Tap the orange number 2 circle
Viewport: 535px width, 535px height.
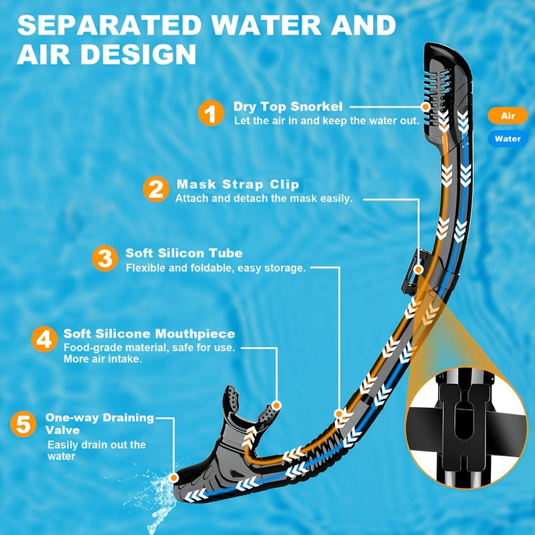point(156,189)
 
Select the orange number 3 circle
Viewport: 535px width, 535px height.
point(104,259)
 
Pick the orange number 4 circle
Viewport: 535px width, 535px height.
point(43,339)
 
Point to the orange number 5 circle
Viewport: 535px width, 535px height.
point(23,424)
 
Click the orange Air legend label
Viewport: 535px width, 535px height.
point(508,116)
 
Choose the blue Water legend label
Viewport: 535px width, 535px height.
point(508,140)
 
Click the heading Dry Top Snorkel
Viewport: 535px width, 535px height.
point(288,106)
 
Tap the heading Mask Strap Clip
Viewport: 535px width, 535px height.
point(237,184)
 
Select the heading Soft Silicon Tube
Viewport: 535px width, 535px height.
point(184,253)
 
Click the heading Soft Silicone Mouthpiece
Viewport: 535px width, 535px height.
point(149,333)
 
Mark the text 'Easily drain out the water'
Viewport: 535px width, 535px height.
point(96,450)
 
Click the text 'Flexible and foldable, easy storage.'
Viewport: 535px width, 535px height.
point(216,267)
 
